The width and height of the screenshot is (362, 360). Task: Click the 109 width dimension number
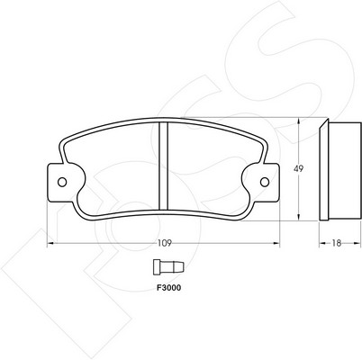(165, 243)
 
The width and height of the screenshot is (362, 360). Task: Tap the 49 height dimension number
(298, 168)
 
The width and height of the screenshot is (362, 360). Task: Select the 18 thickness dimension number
(337, 243)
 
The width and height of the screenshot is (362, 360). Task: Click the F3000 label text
(169, 288)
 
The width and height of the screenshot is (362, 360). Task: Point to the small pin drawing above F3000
(168, 267)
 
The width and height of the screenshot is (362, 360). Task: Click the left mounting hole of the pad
(62, 182)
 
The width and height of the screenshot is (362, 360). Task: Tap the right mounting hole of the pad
(265, 182)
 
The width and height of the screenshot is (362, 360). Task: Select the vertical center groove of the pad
(163, 166)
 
